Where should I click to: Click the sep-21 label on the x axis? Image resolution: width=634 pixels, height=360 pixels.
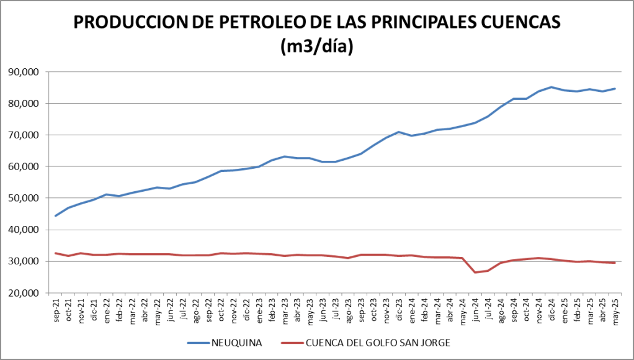click(x=56, y=308)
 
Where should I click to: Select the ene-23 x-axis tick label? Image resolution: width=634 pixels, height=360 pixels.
click(x=259, y=308)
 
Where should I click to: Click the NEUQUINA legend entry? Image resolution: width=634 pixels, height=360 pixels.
click(x=233, y=343)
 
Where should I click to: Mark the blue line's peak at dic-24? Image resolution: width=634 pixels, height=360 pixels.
click(x=551, y=87)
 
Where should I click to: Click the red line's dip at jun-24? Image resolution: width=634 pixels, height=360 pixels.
click(x=475, y=272)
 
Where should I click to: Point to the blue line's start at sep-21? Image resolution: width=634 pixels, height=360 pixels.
click(x=56, y=216)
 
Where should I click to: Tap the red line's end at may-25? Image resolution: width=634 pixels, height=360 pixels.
click(x=614, y=263)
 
